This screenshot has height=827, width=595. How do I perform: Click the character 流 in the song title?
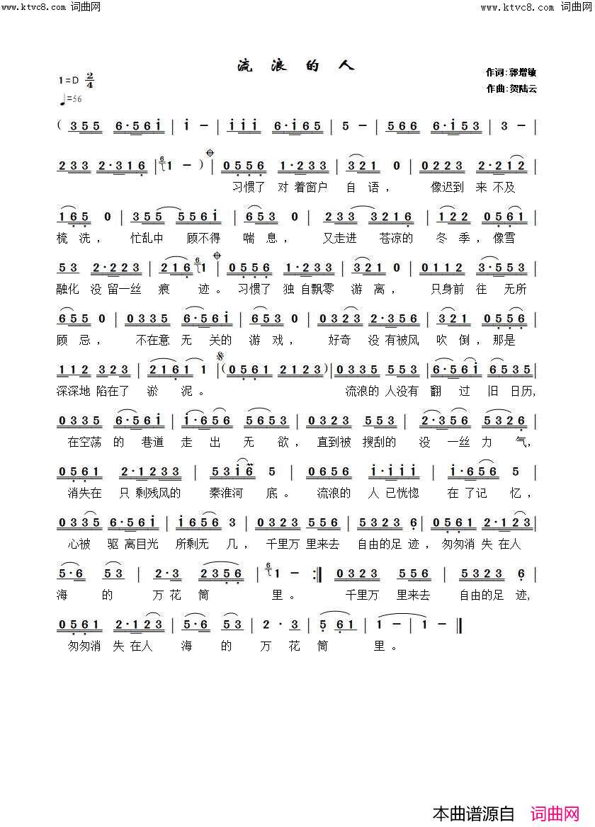pos(244,67)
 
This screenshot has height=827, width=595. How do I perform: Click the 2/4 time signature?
pos(90,80)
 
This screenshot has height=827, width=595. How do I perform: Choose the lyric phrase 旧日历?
pos(510,391)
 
